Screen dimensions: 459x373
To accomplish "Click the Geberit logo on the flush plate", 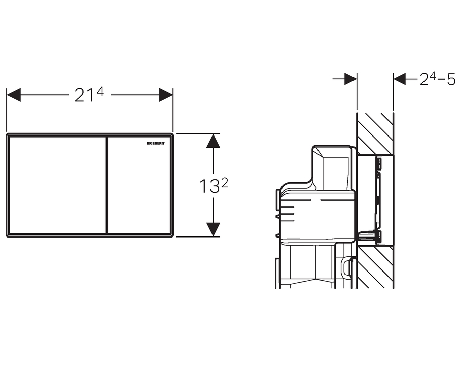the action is coord(156,143).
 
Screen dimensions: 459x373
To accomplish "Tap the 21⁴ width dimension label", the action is coord(89,95).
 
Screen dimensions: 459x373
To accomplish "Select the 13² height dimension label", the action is coord(214,186).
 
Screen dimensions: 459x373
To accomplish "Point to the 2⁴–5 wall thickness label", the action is coord(438,79).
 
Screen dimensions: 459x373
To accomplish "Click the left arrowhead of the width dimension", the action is coord(14,95).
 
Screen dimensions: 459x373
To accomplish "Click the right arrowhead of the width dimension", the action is coord(166,95).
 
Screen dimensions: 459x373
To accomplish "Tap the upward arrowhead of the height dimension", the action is coord(213,141).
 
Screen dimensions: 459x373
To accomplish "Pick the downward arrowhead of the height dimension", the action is coord(213,229).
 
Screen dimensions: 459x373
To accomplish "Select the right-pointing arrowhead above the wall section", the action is coord(350,79).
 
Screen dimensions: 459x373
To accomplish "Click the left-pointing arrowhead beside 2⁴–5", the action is coord(400,79).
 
